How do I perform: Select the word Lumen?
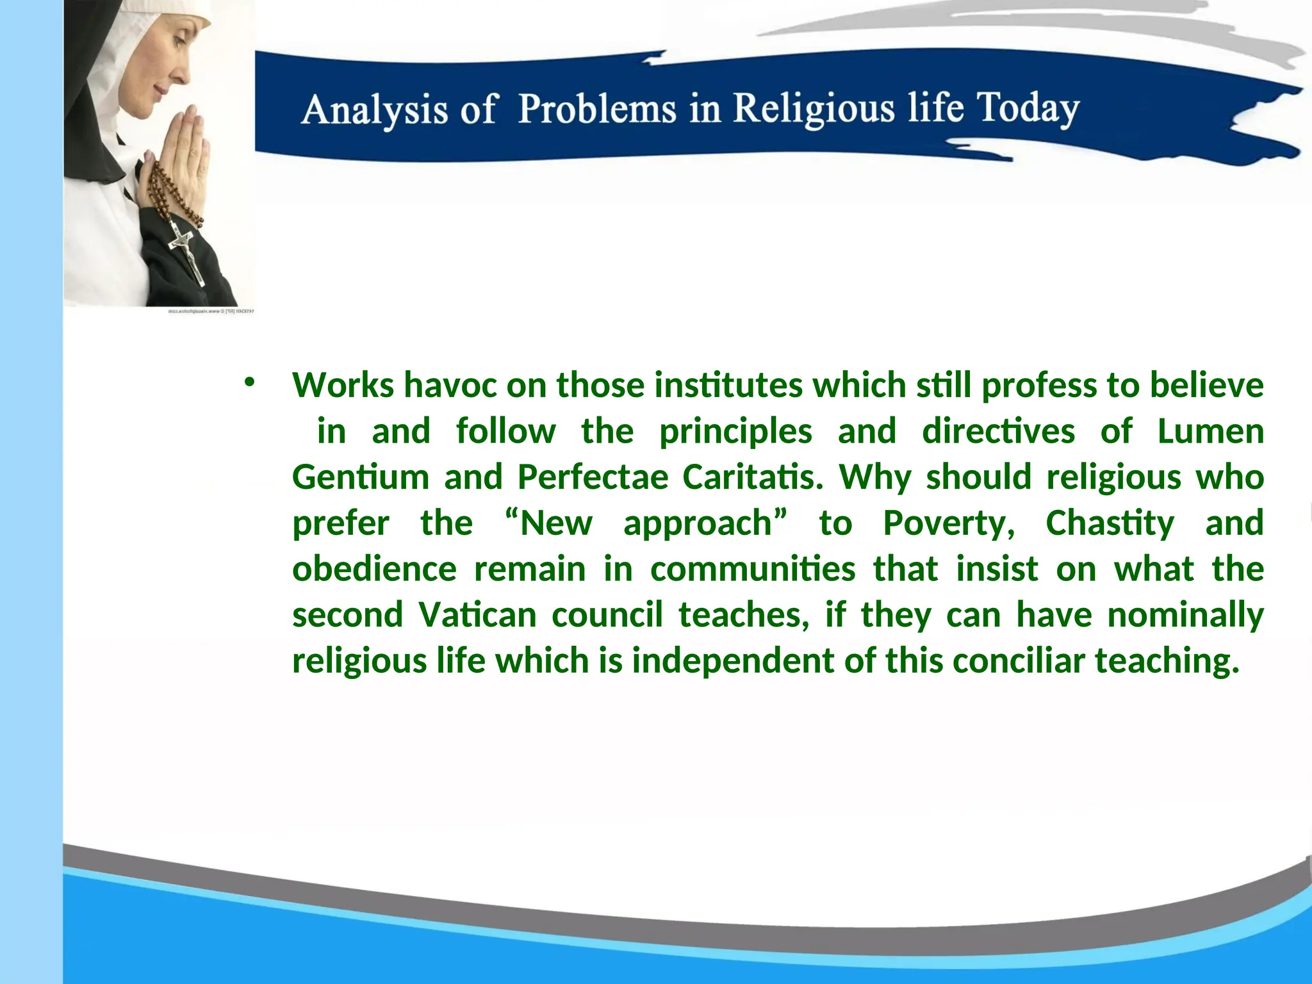tap(1210, 431)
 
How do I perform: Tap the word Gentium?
tap(360, 477)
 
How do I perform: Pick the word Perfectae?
tap(593, 477)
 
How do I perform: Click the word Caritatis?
tap(753, 477)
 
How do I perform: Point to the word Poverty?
tap(949, 523)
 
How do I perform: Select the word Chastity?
tap(1110, 523)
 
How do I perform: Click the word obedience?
tap(375, 569)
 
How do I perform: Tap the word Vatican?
tap(477, 615)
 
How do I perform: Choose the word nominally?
tap(1185, 615)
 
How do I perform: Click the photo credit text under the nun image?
tap(211, 311)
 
